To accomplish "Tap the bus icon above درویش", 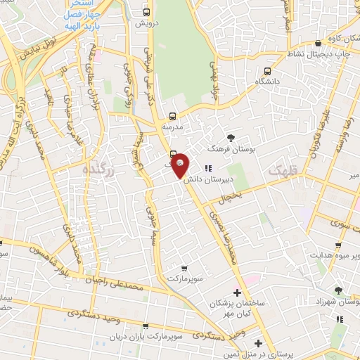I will click(x=146, y=12).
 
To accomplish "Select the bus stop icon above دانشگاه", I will click(x=267, y=70).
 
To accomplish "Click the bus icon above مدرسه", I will click(x=172, y=117).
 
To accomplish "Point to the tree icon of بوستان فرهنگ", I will click(x=231, y=138).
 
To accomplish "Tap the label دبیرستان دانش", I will click(x=209, y=179).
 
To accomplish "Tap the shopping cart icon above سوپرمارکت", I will click(x=184, y=268).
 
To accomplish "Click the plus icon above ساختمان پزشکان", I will click(x=237, y=292).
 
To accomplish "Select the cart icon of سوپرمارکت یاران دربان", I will click(x=146, y=326).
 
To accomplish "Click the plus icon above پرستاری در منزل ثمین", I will click(x=258, y=344).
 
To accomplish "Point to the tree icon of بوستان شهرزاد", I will click(x=338, y=290).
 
